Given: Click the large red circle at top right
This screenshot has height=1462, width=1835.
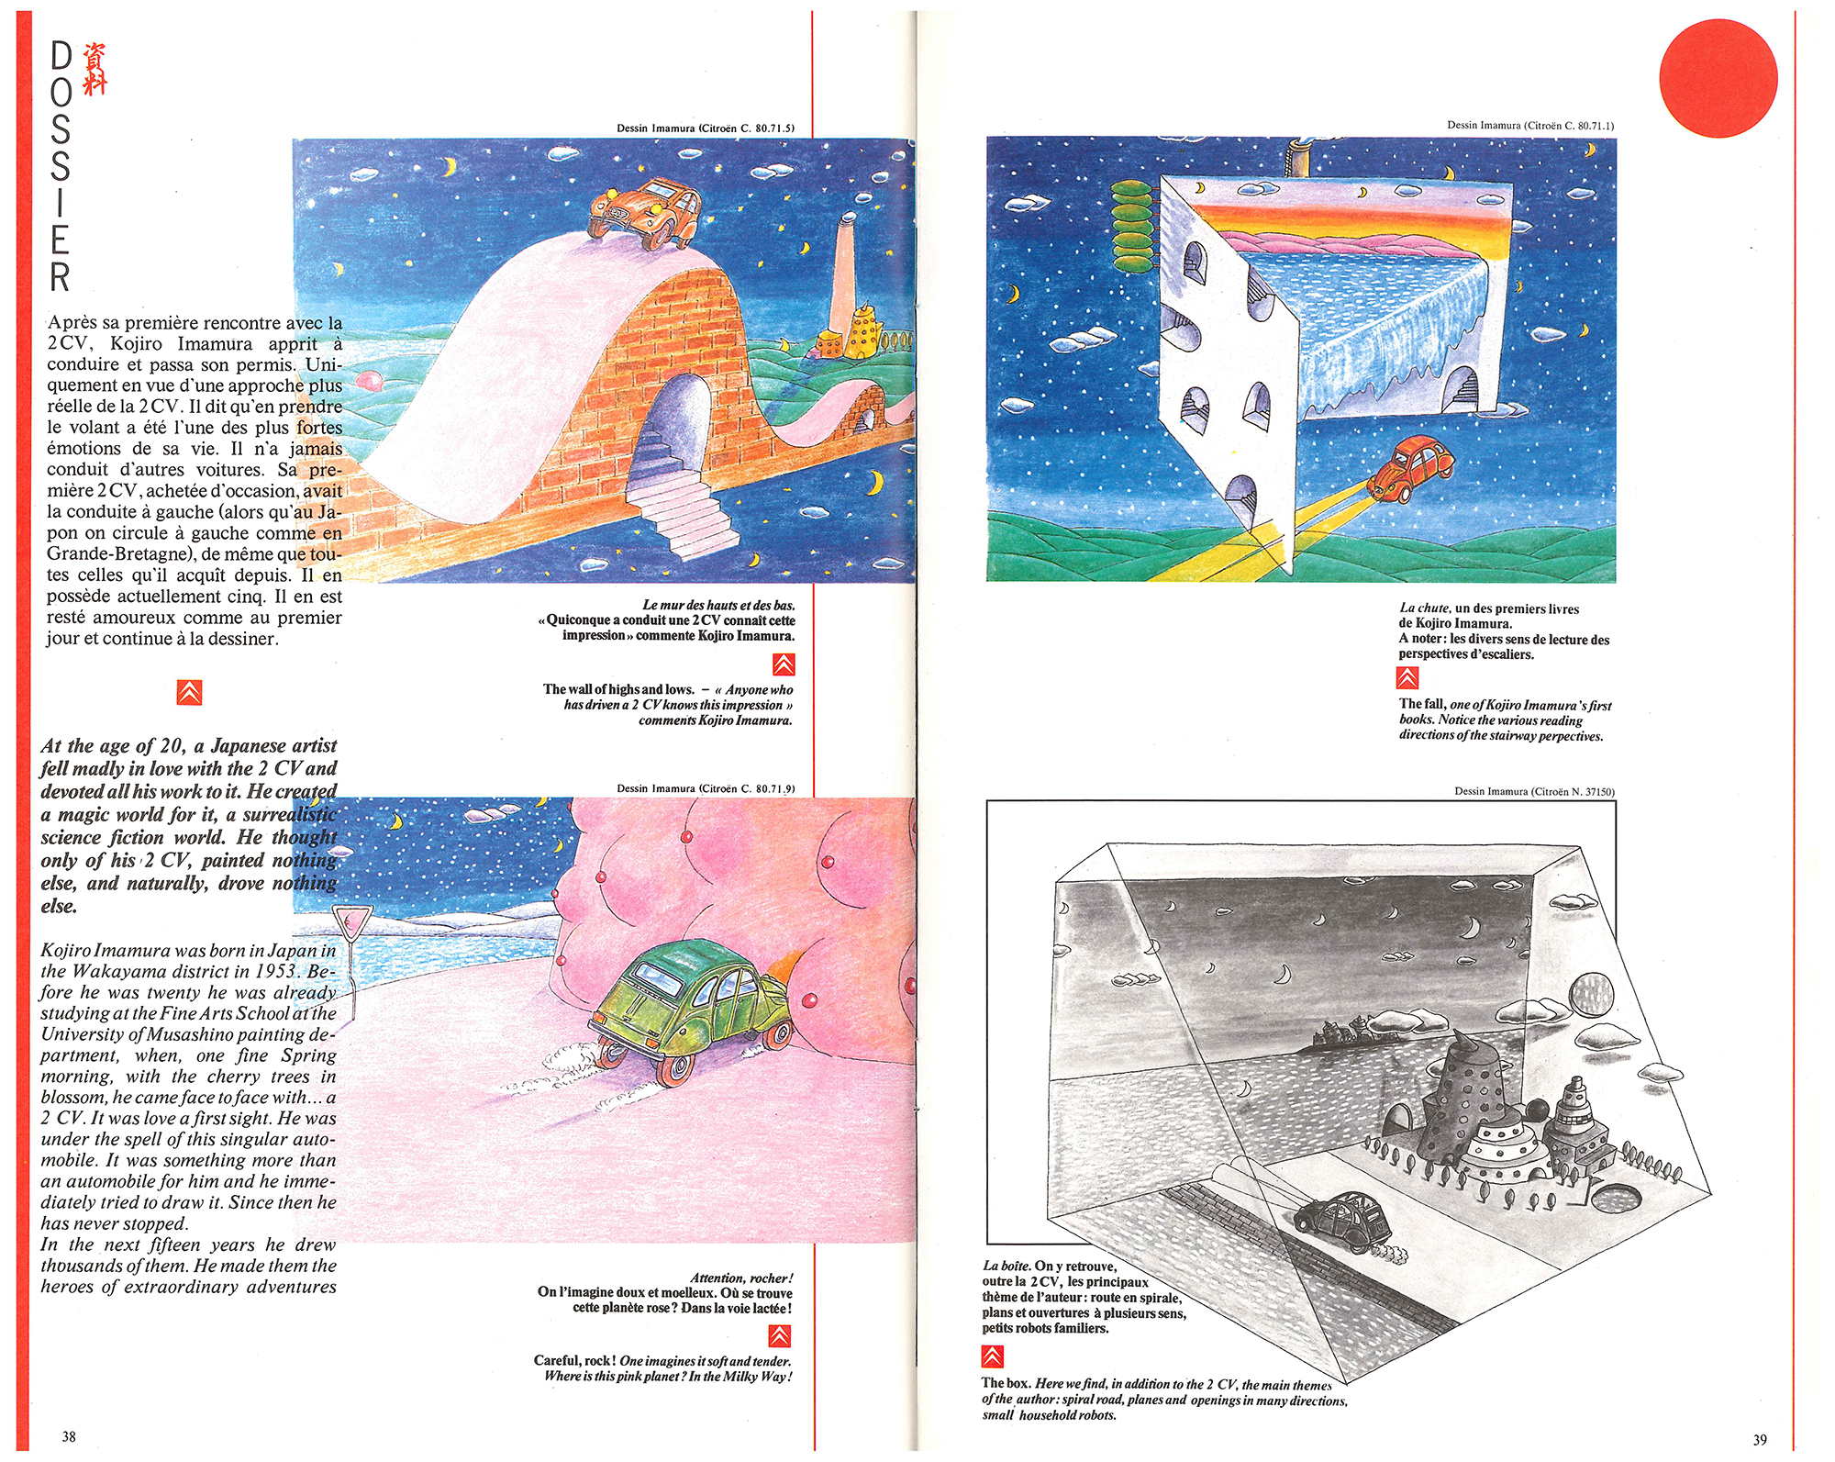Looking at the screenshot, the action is click(x=1718, y=78).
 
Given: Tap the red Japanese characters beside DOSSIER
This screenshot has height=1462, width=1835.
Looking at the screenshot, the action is click(x=95, y=68).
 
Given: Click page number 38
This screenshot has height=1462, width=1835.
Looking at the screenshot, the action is click(x=69, y=1436).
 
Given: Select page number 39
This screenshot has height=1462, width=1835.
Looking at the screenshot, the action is click(x=1760, y=1439).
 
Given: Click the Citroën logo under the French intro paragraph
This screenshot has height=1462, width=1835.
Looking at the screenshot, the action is click(x=189, y=692).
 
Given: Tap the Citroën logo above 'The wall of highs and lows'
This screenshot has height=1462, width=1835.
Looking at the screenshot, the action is click(x=784, y=664).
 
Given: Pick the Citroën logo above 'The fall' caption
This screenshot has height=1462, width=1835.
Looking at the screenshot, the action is click(x=1407, y=677).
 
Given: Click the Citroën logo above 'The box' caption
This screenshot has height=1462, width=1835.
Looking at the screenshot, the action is click(x=992, y=1356).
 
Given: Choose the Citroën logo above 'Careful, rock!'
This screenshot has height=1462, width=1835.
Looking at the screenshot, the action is click(x=780, y=1334).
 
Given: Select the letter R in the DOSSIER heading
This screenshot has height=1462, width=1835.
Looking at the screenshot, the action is click(x=60, y=276).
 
